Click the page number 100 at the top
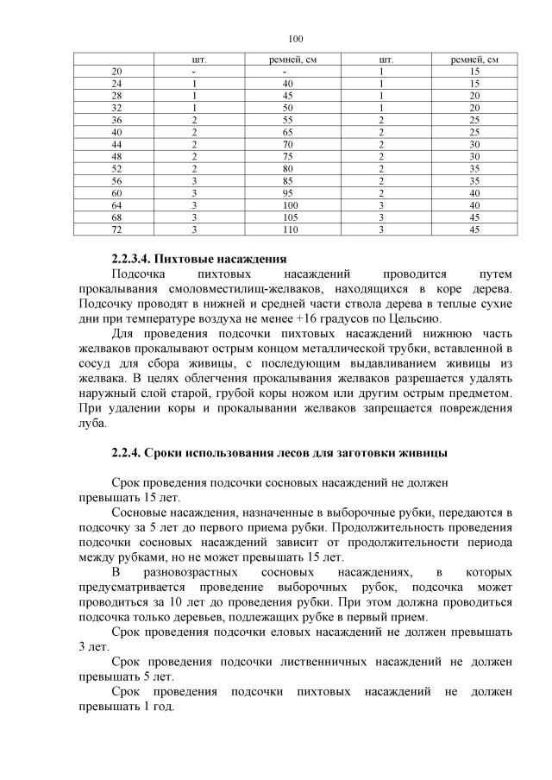point(297,39)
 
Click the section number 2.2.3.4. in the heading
point(134,259)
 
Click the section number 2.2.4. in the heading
point(128,452)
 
